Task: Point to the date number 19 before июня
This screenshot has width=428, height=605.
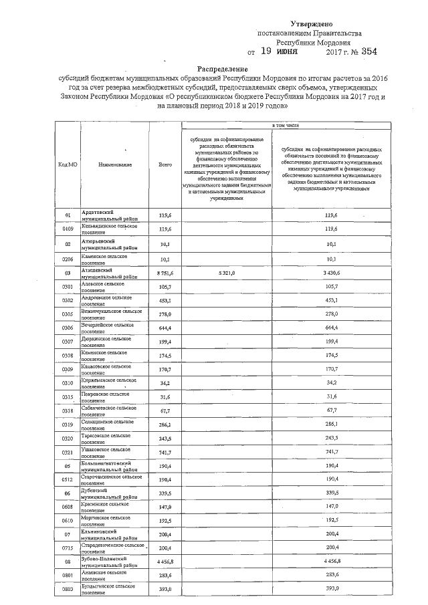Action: [265, 51]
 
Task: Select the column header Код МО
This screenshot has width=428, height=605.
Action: [68, 164]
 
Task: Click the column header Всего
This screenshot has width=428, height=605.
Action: [165, 164]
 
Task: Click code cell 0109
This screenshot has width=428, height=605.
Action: [68, 229]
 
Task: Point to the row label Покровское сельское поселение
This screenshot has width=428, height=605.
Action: [103, 398]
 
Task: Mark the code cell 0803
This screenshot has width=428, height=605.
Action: [68, 588]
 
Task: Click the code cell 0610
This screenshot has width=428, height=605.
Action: [68, 520]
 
